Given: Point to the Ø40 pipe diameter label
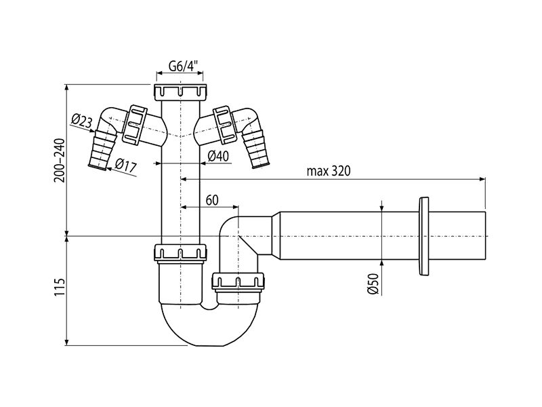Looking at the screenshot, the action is (218, 156).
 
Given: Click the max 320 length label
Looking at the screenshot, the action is (329, 171).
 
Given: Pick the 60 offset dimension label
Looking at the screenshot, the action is (212, 200).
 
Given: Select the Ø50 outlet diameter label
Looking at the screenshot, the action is (374, 284).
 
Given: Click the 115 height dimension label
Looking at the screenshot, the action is (60, 286).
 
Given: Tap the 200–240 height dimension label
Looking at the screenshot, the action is (60, 161).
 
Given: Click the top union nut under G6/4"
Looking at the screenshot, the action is (180, 92).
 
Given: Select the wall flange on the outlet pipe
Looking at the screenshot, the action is (424, 236).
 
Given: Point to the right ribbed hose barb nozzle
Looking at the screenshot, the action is (256, 149).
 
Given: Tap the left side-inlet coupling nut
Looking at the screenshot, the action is (134, 124).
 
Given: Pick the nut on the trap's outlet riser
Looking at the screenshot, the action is (238, 282).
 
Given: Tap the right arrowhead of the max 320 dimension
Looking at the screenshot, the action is (482, 179).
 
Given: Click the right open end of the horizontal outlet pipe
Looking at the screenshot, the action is (485, 236).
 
